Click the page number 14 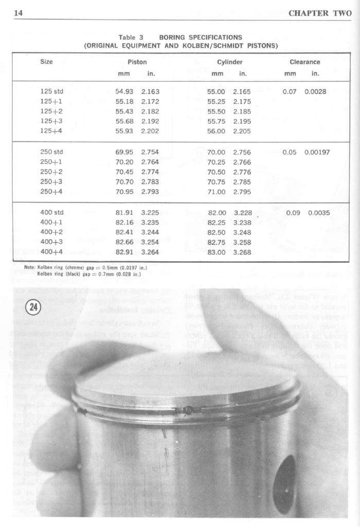point(18,13)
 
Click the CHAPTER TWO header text point(319,13)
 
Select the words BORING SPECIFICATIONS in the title point(201,38)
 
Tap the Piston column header point(137,62)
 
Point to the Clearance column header point(304,62)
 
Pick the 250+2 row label point(51,172)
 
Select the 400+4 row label point(51,252)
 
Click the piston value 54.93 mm point(124,92)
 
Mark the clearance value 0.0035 point(319,213)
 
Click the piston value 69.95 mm point(124,152)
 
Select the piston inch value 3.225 point(150,212)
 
